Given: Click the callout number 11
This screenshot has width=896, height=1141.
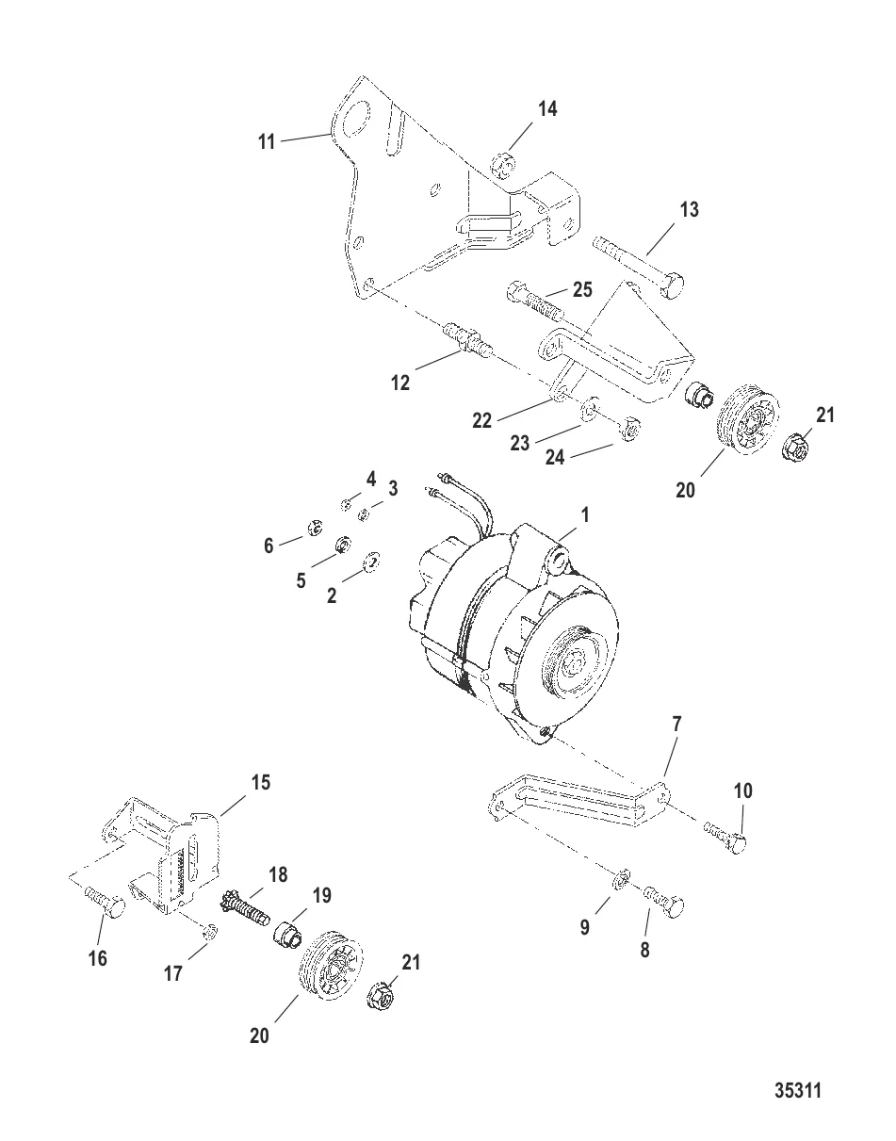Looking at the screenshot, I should (267, 141).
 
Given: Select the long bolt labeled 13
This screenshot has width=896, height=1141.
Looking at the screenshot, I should (641, 267).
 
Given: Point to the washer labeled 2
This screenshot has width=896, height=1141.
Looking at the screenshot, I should (372, 562).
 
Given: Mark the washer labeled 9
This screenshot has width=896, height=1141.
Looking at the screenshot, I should (620, 880).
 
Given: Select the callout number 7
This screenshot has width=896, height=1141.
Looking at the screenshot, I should (677, 725).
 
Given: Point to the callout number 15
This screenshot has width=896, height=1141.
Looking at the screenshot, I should (259, 782).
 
